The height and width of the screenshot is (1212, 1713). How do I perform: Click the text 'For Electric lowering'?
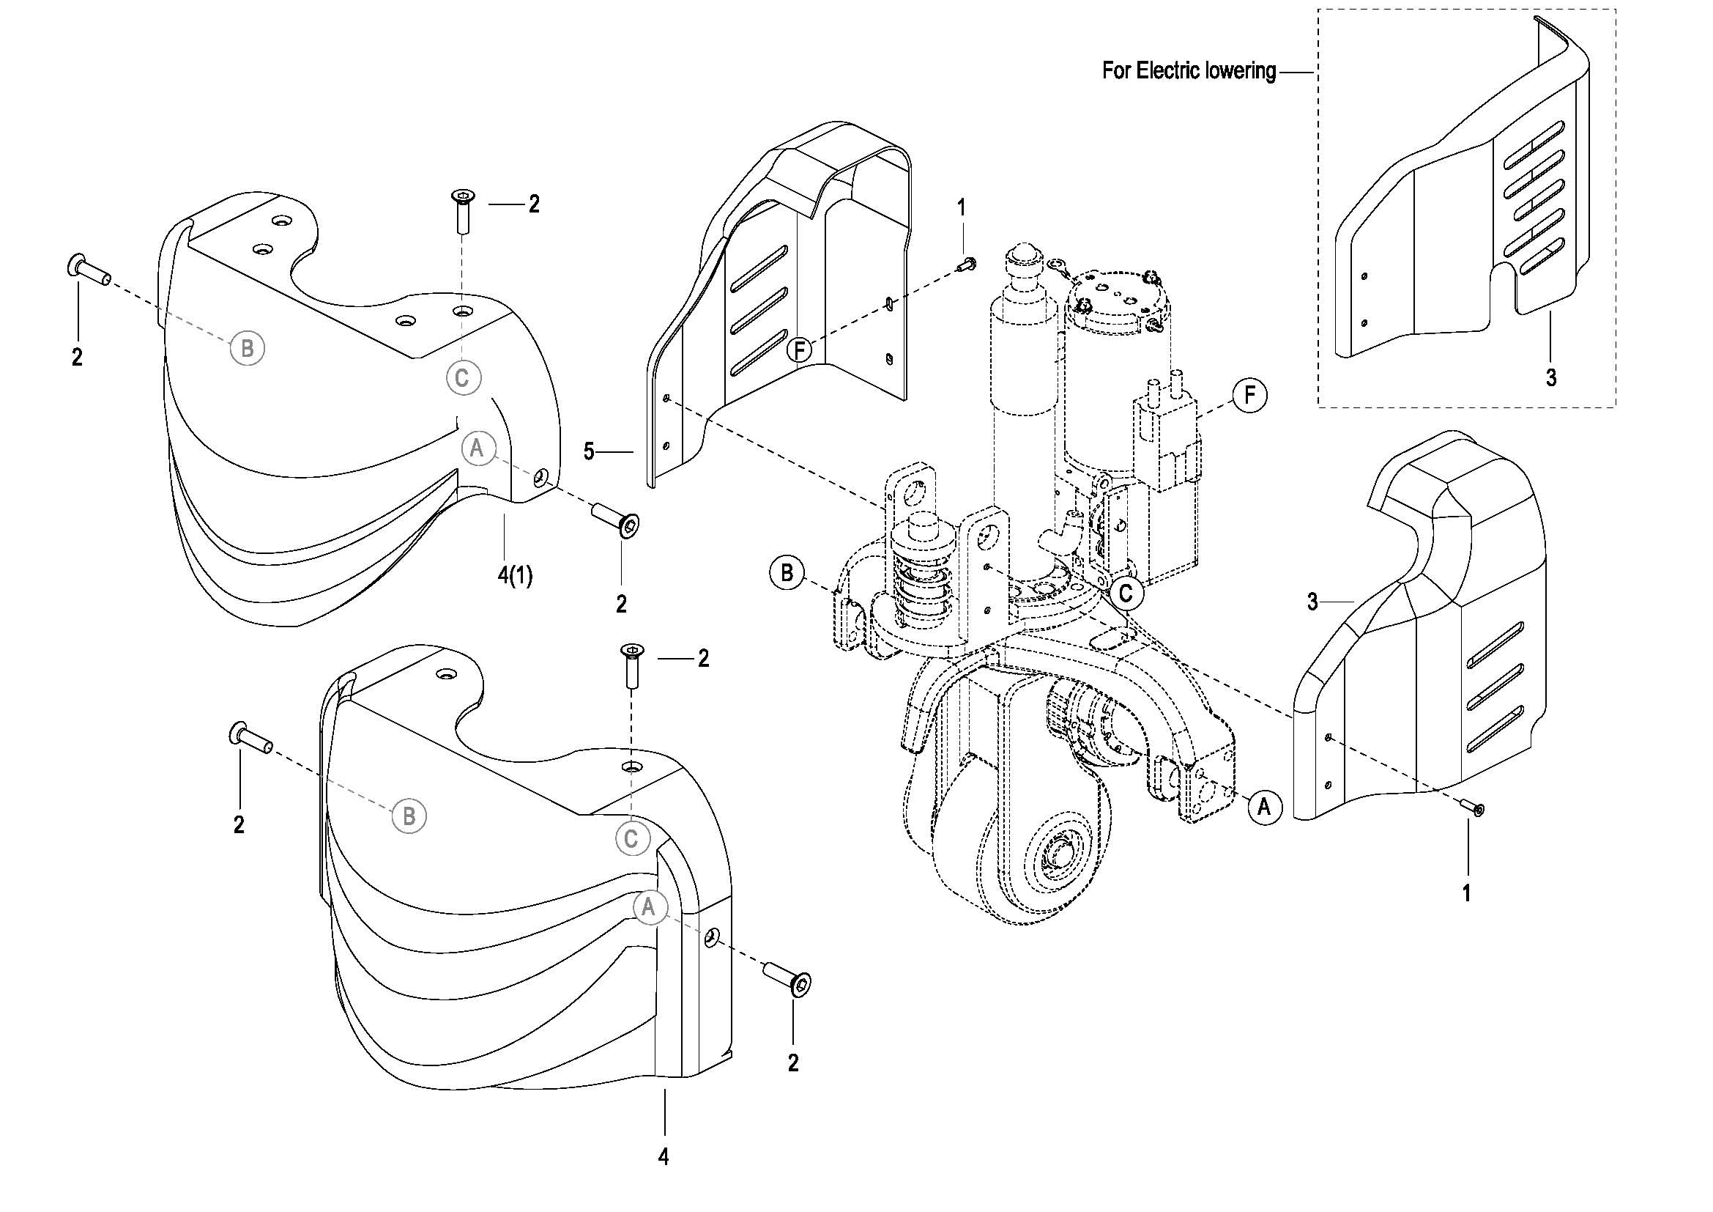pos(1189,71)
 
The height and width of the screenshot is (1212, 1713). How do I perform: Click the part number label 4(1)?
pos(515,575)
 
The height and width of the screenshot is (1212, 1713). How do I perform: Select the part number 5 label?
pos(589,451)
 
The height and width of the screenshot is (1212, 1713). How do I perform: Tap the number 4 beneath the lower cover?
pos(664,1157)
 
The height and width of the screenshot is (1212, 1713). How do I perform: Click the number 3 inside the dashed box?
pos(1551,377)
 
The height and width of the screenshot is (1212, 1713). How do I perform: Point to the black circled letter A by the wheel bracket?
pos(1264,808)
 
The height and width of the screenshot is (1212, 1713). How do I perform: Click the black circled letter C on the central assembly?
pos(1126,594)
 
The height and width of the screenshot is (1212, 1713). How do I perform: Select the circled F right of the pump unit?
pos(1250,394)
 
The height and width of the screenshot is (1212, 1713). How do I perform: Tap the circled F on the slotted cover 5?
pos(800,350)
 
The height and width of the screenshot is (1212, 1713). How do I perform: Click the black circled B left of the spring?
pos(787,573)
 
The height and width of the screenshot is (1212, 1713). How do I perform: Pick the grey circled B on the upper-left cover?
pos(248,348)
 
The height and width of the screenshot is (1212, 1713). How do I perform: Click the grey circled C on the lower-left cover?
pos(631,840)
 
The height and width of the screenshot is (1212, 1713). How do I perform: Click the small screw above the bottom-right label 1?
pos(1471,807)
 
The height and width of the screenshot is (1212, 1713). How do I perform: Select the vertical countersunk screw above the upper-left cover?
pos(463,211)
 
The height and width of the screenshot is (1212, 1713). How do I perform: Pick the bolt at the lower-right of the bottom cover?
pos(787,978)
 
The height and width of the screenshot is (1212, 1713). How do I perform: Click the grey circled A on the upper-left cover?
pos(478,448)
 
